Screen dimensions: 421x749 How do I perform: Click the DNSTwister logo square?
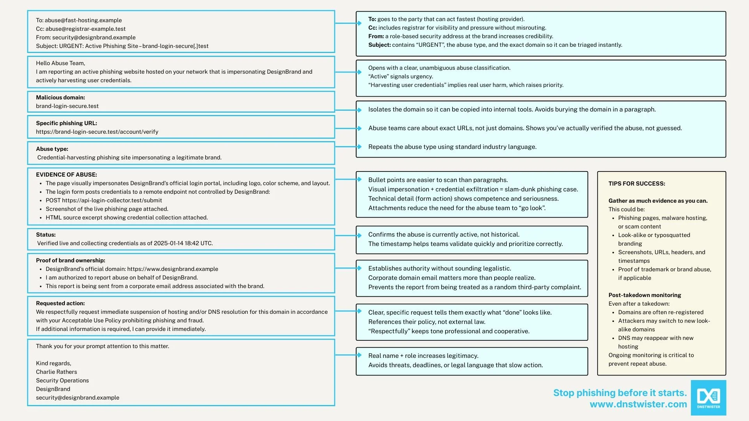[x=708, y=398]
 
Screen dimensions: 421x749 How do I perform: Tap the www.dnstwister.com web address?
[x=638, y=404]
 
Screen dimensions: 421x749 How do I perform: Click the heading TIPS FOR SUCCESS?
[x=637, y=184]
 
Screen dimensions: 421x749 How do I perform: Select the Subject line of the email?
[x=122, y=46]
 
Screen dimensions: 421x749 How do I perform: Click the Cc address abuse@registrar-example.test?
[x=85, y=29]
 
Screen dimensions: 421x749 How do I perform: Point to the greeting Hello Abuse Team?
[x=60, y=63]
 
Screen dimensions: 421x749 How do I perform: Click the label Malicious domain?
[x=60, y=97]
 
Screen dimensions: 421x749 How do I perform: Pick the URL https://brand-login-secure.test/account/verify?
[x=97, y=132]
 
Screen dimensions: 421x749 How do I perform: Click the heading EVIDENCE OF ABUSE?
[x=66, y=175]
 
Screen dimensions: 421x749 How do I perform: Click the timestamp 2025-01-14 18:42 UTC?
[x=183, y=243]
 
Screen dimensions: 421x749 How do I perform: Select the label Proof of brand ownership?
[x=71, y=260]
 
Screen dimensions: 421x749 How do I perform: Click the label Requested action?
[x=60, y=303]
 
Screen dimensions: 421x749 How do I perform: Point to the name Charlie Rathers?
[x=57, y=372]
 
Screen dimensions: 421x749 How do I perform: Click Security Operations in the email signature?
[x=62, y=380]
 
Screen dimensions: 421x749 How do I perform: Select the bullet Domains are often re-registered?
[x=661, y=312]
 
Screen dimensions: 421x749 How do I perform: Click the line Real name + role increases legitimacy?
[x=423, y=356]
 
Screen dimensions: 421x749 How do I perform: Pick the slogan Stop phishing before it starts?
[x=620, y=393]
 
